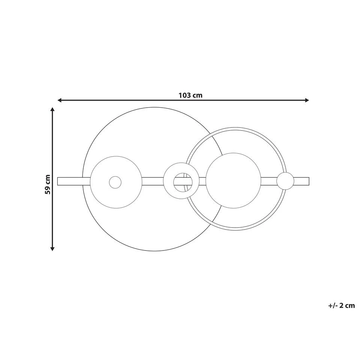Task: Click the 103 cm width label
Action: [190, 95]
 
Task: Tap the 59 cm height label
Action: [48, 184]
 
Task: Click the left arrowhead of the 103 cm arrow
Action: [60, 100]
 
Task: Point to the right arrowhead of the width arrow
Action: [307, 100]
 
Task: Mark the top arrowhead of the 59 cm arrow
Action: [52, 109]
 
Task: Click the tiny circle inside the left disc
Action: [115, 182]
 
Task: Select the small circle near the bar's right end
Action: [285, 181]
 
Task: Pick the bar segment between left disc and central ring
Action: [153, 181]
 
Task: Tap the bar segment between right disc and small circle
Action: [268, 181]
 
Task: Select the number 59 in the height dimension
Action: [48, 189]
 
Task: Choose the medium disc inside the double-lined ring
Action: [233, 180]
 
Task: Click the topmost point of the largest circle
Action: [154, 107]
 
